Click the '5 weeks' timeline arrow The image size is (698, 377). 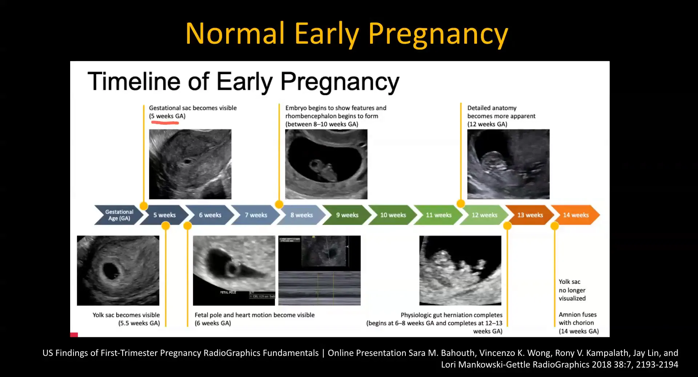(x=164, y=215)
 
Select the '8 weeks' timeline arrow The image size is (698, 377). (x=301, y=215)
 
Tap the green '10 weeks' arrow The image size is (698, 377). (x=393, y=215)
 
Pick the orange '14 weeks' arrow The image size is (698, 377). (x=575, y=215)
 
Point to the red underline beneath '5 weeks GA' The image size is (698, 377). (x=165, y=123)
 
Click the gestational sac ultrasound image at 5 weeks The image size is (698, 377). (x=190, y=164)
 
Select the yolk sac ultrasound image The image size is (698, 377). (x=118, y=270)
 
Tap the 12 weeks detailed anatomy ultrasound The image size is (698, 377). (x=508, y=164)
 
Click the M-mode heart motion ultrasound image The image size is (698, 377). (x=319, y=270)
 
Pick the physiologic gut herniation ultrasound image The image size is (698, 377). (x=460, y=270)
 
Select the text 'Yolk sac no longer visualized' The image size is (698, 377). (x=572, y=290)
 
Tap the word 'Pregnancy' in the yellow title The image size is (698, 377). (x=438, y=33)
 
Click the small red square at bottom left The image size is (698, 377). (x=74, y=334)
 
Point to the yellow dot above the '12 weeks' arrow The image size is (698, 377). (x=461, y=203)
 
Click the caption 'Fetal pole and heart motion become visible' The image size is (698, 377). (x=254, y=315)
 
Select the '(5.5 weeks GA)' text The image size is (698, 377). (x=139, y=323)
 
